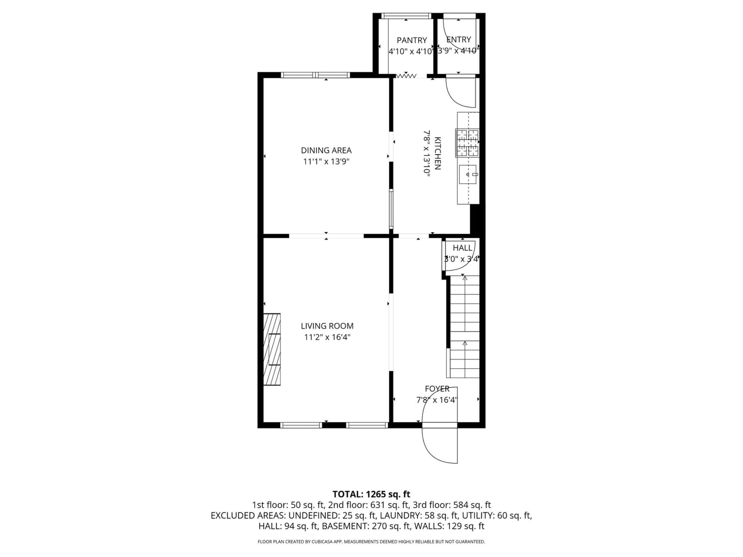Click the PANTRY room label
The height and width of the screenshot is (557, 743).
412,40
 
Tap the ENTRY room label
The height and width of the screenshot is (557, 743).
459,39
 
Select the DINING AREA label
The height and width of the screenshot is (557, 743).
326,150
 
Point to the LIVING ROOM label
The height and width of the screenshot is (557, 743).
327,326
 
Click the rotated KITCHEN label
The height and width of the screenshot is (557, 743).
438,153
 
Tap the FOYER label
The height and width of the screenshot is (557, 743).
437,389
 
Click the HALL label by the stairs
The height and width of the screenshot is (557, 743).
462,248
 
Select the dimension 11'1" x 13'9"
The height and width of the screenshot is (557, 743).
326,161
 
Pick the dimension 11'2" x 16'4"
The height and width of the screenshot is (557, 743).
327,337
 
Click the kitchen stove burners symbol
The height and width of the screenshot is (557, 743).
467,143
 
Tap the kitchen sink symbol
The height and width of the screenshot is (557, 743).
468,174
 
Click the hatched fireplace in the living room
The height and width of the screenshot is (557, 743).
272,349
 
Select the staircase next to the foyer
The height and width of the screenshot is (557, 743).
463,326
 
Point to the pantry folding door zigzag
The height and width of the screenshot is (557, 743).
406,76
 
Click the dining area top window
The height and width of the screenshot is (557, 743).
315,75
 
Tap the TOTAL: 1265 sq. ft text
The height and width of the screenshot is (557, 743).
371,494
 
